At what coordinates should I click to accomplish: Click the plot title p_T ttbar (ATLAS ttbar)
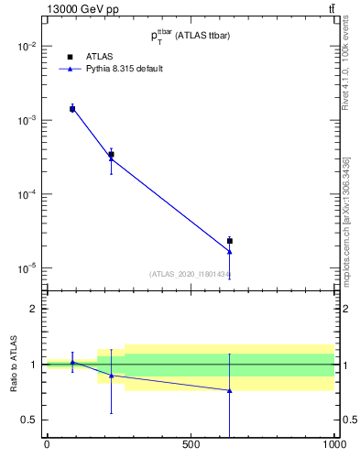coord(190,35)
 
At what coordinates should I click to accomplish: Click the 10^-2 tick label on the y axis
coord(26,46)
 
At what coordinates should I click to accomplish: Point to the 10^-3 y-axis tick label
coord(26,120)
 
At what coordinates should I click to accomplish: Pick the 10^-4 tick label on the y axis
coord(26,194)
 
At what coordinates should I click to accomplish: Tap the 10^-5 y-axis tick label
coord(26,268)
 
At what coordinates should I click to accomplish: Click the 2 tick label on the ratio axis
coord(32,309)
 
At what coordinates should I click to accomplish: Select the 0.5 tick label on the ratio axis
coord(28,420)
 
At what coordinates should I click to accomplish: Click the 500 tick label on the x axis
coord(191,444)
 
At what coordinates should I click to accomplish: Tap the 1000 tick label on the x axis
coord(333,444)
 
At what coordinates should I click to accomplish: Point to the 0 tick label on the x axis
coord(47,444)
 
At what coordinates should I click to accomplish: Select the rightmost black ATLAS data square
coord(230,241)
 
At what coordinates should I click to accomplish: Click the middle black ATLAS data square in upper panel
coord(112,155)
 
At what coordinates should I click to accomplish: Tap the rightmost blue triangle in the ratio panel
coord(230,390)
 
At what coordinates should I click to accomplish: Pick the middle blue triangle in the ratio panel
coord(112,376)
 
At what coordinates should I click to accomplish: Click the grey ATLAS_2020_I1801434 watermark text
coord(191,274)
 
